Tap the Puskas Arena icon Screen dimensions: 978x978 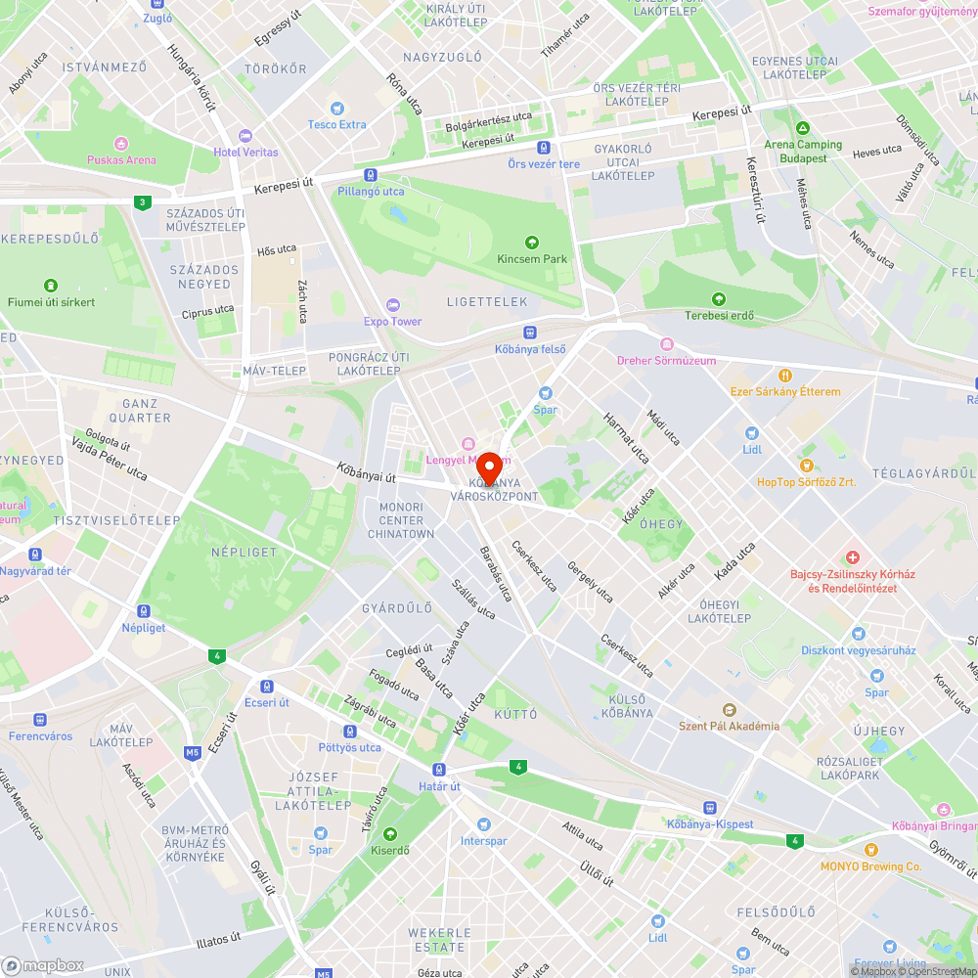[121, 143]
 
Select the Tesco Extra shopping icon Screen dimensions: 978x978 [337, 109]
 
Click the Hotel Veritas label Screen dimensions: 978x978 [245, 152]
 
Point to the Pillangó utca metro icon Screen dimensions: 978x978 [371, 175]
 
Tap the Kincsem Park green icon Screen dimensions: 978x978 [532, 243]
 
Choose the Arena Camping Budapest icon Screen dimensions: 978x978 [803, 128]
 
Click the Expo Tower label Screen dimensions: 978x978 [393, 321]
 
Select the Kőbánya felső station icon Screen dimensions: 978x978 [530, 333]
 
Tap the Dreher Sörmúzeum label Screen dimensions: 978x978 [666, 360]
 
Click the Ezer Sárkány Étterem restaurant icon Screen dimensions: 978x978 [785, 376]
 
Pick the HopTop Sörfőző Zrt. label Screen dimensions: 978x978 [806, 482]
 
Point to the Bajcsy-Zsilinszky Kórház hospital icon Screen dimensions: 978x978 [853, 556]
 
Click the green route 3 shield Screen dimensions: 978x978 [144, 202]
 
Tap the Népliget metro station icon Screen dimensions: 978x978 [144, 611]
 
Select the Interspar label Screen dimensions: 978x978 [484, 841]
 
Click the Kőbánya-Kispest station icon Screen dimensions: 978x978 [709, 808]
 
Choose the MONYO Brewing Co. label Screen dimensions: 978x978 [870, 867]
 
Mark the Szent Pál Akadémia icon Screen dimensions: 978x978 [729, 709]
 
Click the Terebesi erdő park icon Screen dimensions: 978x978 [719, 299]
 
